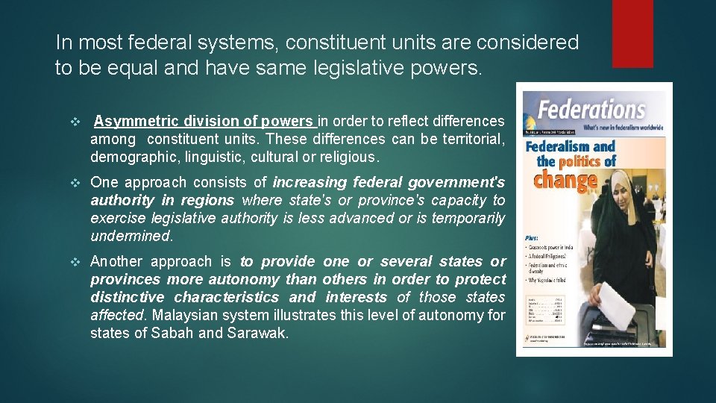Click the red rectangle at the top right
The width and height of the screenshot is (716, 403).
coord(632,34)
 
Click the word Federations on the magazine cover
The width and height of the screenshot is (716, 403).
coord(592,110)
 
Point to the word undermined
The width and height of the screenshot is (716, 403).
coord(131,236)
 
